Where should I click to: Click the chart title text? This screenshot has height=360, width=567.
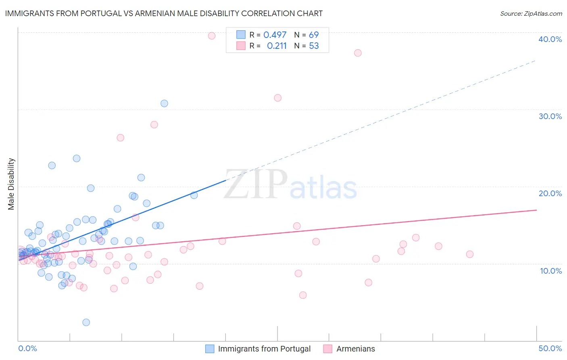(164, 13)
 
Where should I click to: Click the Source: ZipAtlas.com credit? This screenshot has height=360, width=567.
(531, 13)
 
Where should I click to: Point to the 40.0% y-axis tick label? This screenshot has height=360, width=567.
(550, 39)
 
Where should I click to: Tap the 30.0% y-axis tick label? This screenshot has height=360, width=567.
(550, 116)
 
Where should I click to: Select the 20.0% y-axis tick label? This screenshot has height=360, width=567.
(550, 193)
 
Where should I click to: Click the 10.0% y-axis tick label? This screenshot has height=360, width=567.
(551, 271)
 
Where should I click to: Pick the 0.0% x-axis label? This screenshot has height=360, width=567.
(27, 348)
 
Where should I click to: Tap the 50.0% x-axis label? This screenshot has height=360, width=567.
(550, 348)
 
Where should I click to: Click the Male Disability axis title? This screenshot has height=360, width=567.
(11, 184)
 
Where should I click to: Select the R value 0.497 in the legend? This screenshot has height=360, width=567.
(275, 35)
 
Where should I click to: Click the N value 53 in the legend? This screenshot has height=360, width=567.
(314, 46)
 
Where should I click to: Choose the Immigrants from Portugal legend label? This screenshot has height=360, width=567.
(264, 349)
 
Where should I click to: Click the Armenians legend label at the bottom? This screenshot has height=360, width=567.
(355, 349)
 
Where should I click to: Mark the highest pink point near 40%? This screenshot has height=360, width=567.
(212, 36)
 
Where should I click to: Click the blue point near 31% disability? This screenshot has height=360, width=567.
(164, 103)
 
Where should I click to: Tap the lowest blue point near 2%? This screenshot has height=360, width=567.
(86, 322)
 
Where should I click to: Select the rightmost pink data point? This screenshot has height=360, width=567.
(469, 254)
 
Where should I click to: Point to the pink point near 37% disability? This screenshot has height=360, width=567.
(358, 53)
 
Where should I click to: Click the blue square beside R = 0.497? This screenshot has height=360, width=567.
(241, 35)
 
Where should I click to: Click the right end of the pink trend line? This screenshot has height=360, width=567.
(536, 210)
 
